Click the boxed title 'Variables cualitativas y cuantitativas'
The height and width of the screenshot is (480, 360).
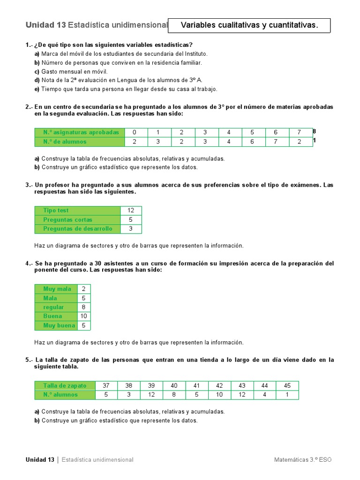pos(249,25)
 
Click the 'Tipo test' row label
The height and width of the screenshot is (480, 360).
pos(56,210)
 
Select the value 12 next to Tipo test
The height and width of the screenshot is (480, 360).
pos(131,210)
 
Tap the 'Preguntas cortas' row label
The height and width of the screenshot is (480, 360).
pos(67,220)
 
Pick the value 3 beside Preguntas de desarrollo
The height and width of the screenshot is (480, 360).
pos(131,229)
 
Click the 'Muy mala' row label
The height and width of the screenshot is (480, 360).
pos(57,289)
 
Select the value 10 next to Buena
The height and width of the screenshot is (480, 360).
pos(84,316)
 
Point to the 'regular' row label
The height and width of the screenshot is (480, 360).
pos(54,307)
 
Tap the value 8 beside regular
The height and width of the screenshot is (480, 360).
pos(84,307)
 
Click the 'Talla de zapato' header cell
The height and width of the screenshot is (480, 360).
pos(65,386)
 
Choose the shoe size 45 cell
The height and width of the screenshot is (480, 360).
pos(287,386)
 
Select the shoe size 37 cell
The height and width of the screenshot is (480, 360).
pos(106,386)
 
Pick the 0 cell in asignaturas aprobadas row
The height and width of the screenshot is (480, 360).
pos(135,132)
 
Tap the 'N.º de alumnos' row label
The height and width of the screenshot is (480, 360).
pos(65,142)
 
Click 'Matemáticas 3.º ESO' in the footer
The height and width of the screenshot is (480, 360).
pos(303,460)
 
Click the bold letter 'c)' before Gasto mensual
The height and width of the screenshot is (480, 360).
pos(37,72)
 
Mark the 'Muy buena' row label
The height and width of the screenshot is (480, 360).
pos(59,325)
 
